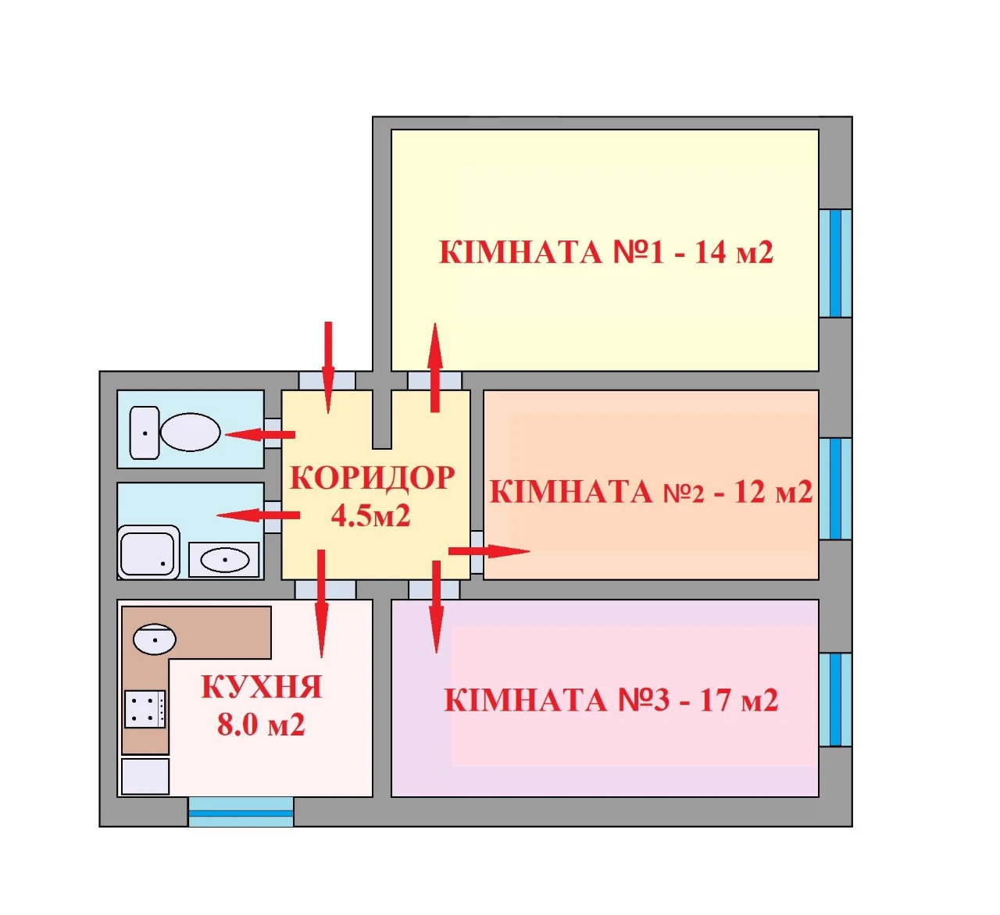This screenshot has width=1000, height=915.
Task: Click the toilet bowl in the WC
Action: [190, 432]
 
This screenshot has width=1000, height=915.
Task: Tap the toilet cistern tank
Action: [145, 433]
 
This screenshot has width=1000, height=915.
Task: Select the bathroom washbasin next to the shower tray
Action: [224, 560]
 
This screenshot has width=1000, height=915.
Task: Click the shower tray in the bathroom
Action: [149, 552]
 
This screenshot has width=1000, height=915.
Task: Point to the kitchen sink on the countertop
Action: [155, 639]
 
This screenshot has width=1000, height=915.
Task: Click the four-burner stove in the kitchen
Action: [145, 709]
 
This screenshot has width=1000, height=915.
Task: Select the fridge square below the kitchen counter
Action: [145, 776]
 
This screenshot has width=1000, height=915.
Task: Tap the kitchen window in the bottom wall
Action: [241, 813]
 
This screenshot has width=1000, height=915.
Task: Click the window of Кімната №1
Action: [835, 263]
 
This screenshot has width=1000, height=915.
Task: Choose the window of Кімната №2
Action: [835, 489]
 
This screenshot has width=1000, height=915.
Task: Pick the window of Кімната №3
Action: [835, 700]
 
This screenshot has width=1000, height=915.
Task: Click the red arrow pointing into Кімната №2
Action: [488, 551]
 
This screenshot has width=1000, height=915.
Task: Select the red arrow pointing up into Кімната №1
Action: [434, 367]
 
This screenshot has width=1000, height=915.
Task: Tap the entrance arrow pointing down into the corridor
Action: [328, 367]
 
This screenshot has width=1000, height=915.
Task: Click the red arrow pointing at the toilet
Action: [259, 434]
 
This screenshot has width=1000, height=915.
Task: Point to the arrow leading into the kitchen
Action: [322, 603]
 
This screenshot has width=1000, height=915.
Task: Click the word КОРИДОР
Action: [372, 478]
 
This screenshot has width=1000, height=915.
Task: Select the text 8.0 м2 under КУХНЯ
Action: [261, 725]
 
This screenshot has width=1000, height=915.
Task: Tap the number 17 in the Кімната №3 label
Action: [715, 700]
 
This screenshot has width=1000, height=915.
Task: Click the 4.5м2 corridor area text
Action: [371, 515]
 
